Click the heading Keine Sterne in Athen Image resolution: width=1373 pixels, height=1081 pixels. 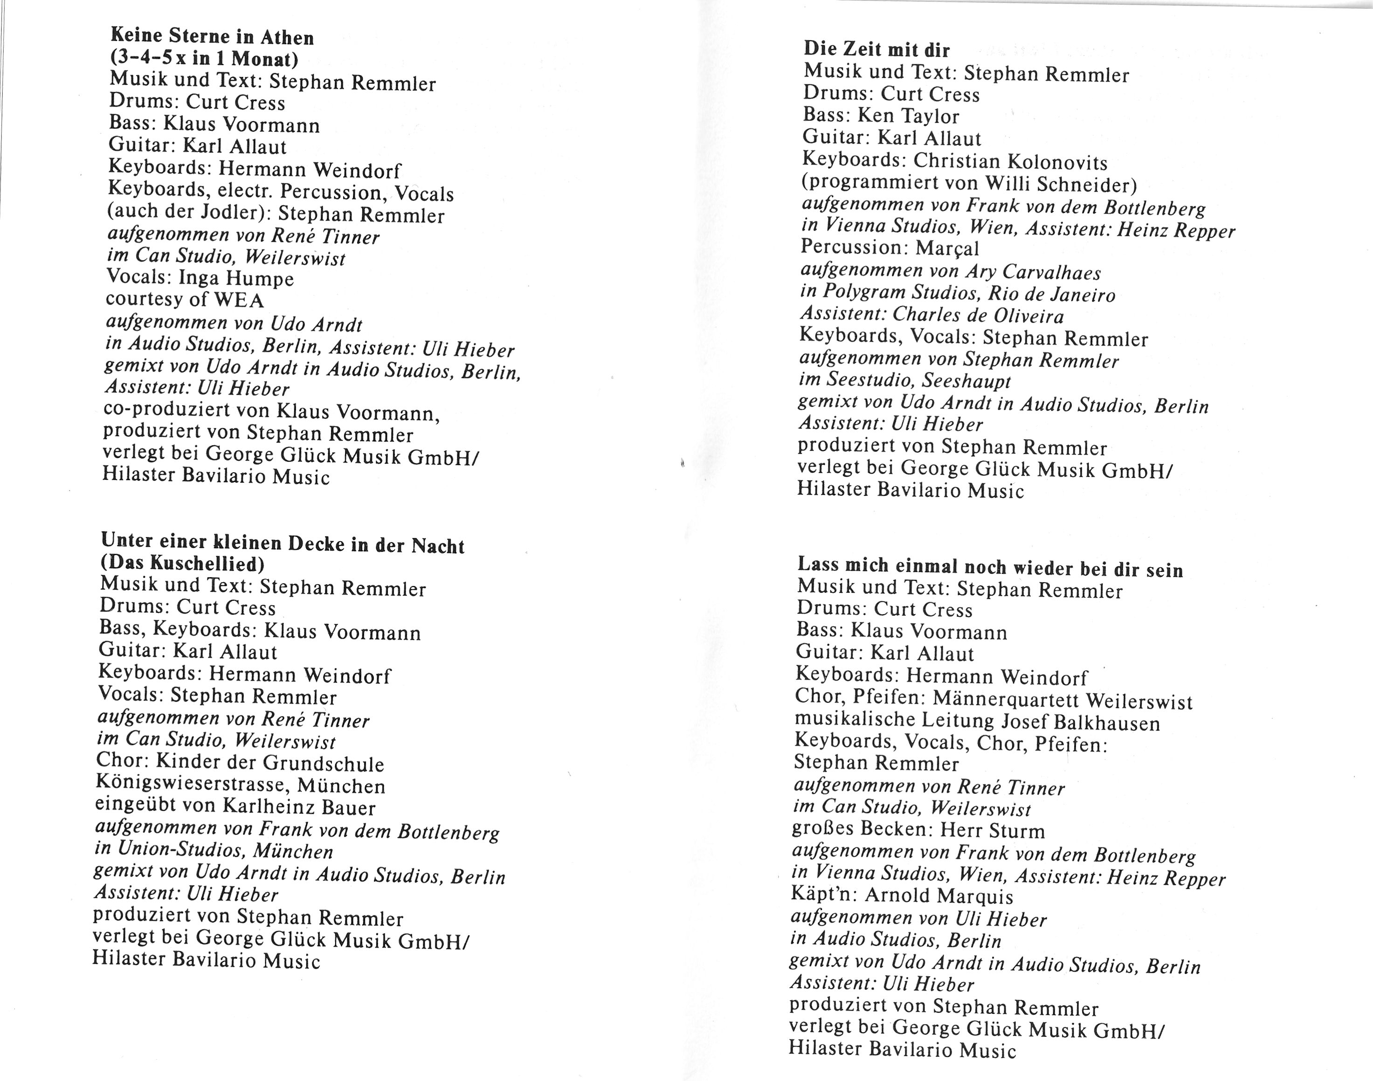click(x=212, y=37)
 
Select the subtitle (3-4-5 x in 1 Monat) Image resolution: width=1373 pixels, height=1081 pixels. click(x=203, y=58)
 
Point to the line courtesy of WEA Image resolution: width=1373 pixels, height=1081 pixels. click(x=184, y=299)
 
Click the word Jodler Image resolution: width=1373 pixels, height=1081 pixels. click(x=237, y=213)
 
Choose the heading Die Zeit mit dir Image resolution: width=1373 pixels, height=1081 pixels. click(x=877, y=49)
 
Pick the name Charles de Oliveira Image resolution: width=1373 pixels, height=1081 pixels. click(x=978, y=315)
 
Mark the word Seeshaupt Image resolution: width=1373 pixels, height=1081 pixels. click(x=966, y=381)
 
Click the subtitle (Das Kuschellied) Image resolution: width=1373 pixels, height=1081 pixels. click(x=182, y=563)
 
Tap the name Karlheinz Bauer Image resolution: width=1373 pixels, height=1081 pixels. click(x=298, y=807)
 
